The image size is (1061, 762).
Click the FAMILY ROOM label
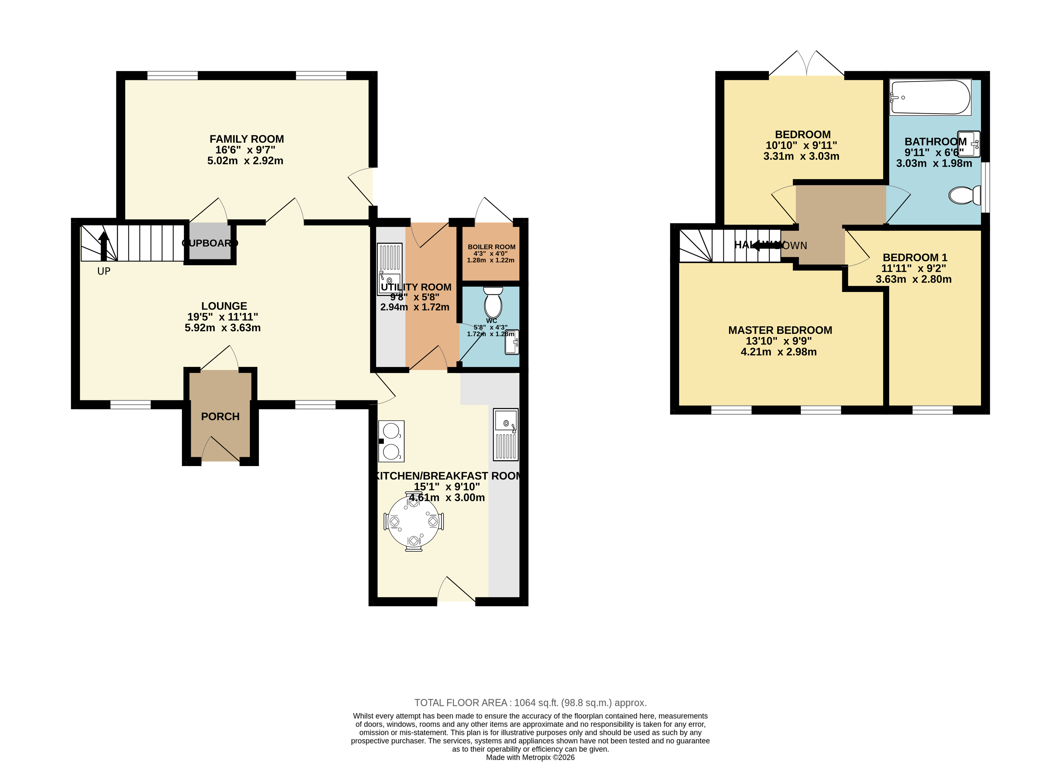(247, 139)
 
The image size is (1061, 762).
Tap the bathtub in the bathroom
(930, 97)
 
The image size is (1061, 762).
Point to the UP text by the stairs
(104, 271)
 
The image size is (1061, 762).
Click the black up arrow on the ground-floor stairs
(104, 246)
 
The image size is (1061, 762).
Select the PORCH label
(220, 416)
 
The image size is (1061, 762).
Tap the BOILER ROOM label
(491, 247)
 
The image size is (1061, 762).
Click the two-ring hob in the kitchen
(391, 441)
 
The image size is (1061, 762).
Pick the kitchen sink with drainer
(506, 434)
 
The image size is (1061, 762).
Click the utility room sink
(389, 269)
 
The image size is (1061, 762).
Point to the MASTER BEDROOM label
(780, 330)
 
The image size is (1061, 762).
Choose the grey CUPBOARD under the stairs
(210, 243)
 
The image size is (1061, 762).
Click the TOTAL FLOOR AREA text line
(530, 703)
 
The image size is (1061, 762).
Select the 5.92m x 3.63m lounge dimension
(223, 328)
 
